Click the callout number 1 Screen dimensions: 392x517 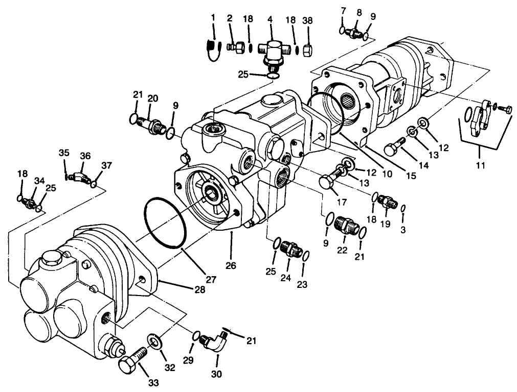(x=214, y=18)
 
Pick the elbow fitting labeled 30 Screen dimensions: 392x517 (x=217, y=343)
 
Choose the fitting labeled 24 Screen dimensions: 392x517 (x=290, y=249)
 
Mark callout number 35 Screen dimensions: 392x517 (x=63, y=153)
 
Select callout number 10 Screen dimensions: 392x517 (x=387, y=174)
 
